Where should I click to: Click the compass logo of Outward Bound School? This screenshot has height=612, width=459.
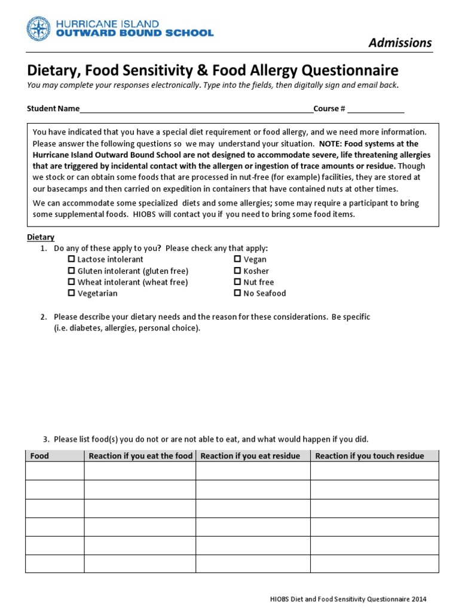pyautogui.click(x=39, y=29)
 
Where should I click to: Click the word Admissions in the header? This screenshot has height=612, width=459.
pyautogui.click(x=400, y=42)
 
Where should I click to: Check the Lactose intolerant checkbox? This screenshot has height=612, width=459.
pyautogui.click(x=72, y=259)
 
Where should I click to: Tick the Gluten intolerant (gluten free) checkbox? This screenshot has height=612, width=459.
pyautogui.click(x=72, y=271)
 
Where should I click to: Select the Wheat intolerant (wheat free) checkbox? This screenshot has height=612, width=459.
pyautogui.click(x=72, y=282)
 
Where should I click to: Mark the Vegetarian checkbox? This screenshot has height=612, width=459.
pyautogui.click(x=72, y=293)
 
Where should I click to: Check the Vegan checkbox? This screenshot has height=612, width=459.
pyautogui.click(x=237, y=259)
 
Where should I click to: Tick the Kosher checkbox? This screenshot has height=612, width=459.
pyautogui.click(x=237, y=271)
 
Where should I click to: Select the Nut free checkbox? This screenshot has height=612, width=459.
pyautogui.click(x=237, y=282)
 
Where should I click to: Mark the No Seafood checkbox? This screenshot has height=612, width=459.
pyautogui.click(x=237, y=293)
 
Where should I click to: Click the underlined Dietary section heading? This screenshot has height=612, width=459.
pyautogui.click(x=41, y=237)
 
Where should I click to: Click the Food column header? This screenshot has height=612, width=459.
pyautogui.click(x=39, y=456)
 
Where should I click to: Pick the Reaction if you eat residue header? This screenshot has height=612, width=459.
pyautogui.click(x=250, y=456)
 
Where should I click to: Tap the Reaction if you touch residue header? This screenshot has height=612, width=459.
pyautogui.click(x=369, y=456)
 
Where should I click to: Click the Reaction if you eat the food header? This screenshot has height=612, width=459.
pyautogui.click(x=140, y=456)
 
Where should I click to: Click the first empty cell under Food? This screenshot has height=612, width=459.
pyautogui.click(x=54, y=471)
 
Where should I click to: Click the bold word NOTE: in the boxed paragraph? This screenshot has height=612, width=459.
pyautogui.click(x=332, y=144)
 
